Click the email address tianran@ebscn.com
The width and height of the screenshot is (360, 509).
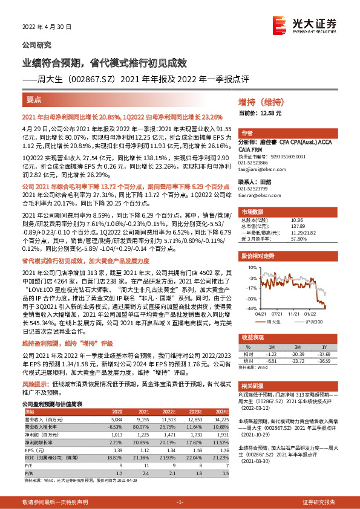click(260, 195)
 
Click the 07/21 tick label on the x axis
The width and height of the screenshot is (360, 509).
click(278, 313)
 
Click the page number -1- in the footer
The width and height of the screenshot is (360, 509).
click(180, 502)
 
